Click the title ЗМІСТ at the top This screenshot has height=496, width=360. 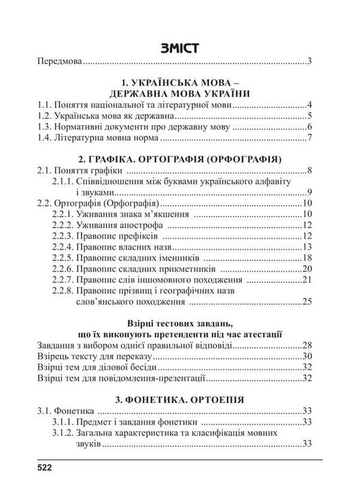179,48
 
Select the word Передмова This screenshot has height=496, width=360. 59,62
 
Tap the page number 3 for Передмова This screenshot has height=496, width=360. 308,62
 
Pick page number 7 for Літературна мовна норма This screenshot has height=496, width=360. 308,139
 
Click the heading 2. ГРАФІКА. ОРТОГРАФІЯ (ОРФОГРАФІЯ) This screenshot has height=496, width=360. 179,159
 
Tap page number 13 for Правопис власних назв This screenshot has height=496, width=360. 306,248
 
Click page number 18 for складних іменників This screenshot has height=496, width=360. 306,258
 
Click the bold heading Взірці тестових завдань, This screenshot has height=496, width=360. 179,323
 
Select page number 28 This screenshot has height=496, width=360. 306,345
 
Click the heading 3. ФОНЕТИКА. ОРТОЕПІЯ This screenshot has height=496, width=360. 179,398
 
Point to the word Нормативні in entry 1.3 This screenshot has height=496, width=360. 84,128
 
